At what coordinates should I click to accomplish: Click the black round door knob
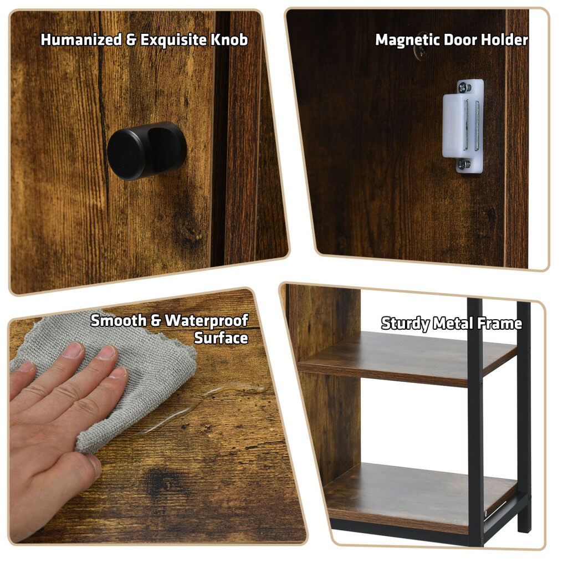point(146,150)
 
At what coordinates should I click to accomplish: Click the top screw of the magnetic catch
point(464,87)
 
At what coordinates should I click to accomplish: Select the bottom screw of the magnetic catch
point(464,165)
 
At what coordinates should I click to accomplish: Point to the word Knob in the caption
point(229,40)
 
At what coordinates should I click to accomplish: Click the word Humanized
point(81,40)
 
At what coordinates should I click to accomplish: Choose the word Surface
point(221,338)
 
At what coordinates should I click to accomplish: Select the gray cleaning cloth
point(119,377)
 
